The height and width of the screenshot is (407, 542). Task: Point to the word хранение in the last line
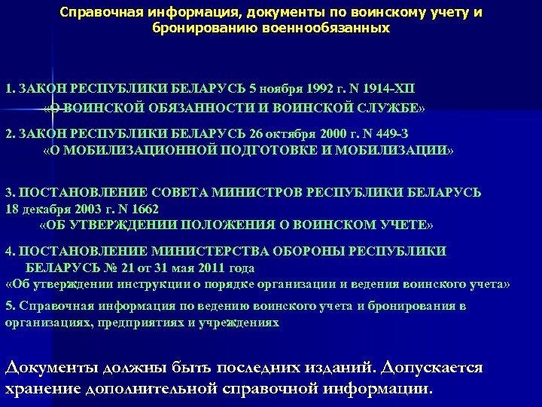pos(41,389)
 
